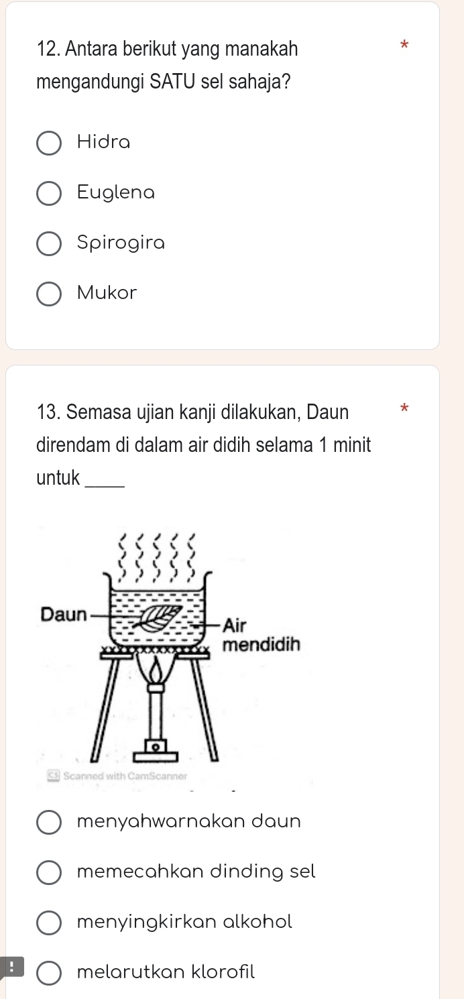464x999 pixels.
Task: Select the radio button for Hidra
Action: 48,143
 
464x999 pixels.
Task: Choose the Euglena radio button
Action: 48,193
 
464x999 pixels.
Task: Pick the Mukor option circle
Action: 48,294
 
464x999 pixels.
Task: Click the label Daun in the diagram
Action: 64,613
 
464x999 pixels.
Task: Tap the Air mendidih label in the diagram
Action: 262,635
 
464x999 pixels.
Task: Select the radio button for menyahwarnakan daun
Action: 48,822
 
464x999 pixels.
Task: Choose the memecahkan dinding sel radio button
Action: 48,872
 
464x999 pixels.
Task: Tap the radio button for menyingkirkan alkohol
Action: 48,923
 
